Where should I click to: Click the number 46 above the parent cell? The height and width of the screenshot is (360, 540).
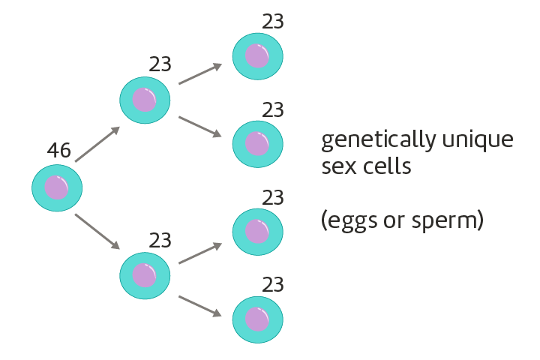58,151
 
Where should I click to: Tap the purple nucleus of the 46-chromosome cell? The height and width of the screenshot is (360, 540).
56,187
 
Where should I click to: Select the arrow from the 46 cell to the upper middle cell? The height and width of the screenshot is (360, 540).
97,144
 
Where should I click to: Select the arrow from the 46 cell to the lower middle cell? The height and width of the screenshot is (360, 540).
97,232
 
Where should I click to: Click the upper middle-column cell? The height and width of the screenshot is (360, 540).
145,100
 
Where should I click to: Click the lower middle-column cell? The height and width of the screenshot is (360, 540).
145,274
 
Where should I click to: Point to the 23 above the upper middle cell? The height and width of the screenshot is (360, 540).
160,64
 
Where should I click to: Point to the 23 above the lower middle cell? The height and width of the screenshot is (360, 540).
160,241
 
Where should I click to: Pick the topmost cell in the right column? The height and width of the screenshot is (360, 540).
257,55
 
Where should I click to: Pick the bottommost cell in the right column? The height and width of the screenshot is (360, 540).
257,319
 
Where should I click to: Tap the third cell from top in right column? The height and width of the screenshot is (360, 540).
257,232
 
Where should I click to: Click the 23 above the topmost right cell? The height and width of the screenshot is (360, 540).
273,21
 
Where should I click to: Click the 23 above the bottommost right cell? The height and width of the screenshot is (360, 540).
273,286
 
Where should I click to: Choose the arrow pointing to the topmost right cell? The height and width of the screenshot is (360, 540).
200,73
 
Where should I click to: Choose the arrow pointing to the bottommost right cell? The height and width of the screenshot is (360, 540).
200,306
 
